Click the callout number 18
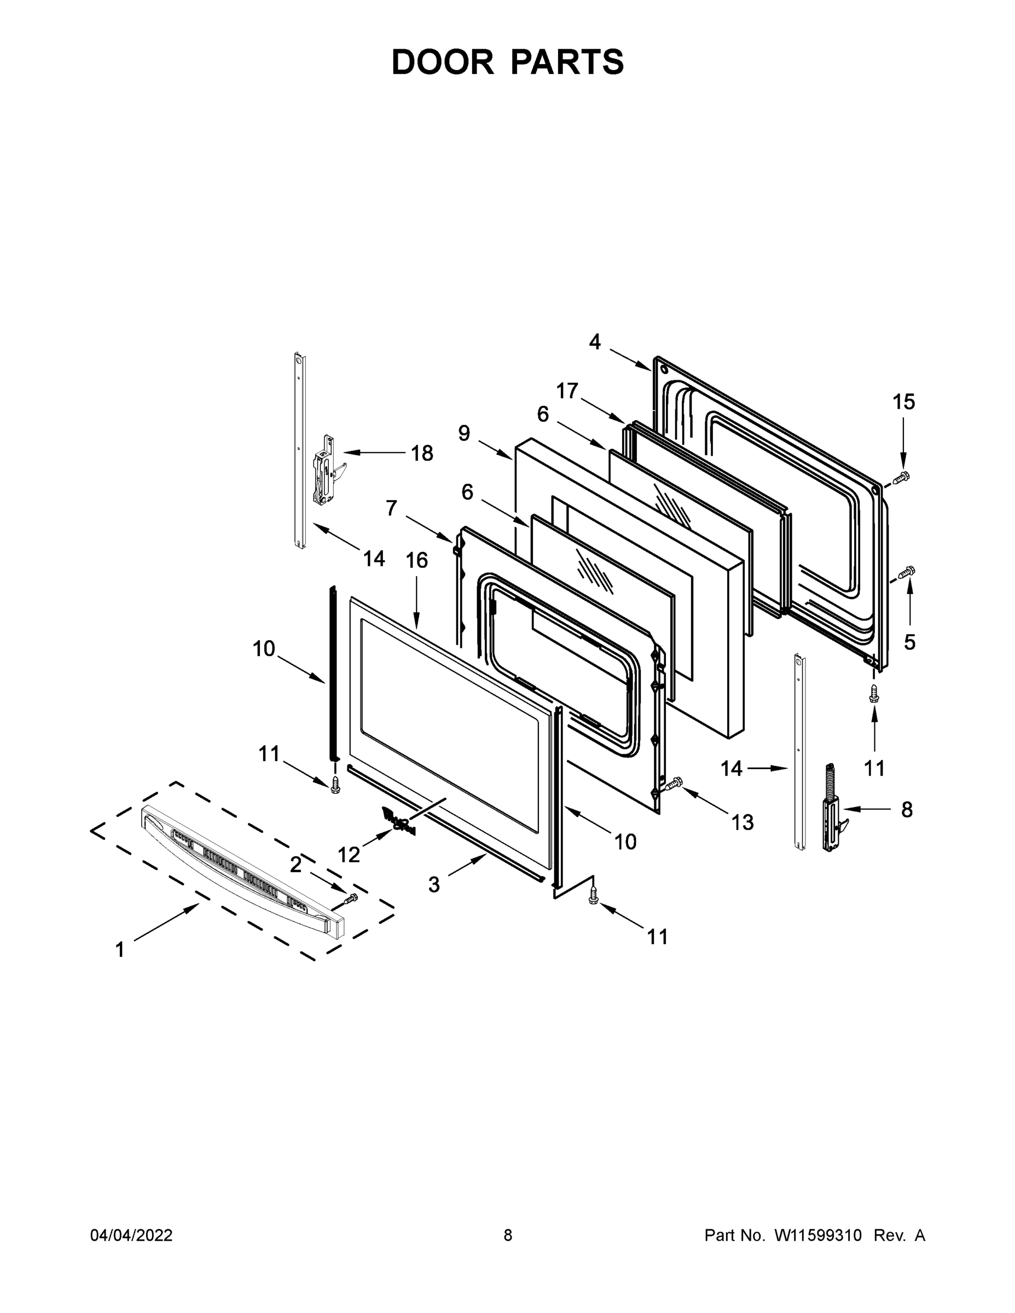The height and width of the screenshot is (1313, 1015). tap(422, 454)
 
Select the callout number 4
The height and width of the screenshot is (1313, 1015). tap(594, 342)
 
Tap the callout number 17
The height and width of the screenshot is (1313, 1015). tap(567, 391)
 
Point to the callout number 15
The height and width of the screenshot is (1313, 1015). tap(904, 402)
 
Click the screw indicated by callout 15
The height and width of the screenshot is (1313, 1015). tap(900, 478)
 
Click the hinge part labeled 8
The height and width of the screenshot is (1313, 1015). tap(833, 809)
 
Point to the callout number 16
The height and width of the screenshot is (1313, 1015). tap(417, 560)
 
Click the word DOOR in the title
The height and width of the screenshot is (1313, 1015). tap(442, 62)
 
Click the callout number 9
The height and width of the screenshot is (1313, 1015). tap(463, 433)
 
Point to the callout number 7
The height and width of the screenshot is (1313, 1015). tap(391, 508)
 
